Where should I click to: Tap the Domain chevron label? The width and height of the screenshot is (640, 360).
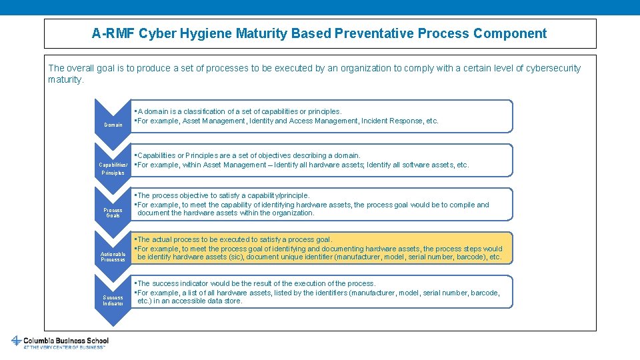[113, 125]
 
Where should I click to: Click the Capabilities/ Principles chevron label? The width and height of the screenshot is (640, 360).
[112, 169]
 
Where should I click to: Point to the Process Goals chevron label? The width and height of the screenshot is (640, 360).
[113, 213]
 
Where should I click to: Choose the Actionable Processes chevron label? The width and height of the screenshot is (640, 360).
[113, 257]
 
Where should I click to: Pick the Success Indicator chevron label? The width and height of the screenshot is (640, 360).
[113, 301]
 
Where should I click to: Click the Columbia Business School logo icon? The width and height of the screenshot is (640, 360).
[16, 341]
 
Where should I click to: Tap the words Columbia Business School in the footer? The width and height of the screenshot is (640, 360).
[66, 340]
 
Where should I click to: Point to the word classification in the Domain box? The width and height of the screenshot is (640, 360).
[204, 111]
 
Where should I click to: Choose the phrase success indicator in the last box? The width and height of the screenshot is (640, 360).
[179, 283]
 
